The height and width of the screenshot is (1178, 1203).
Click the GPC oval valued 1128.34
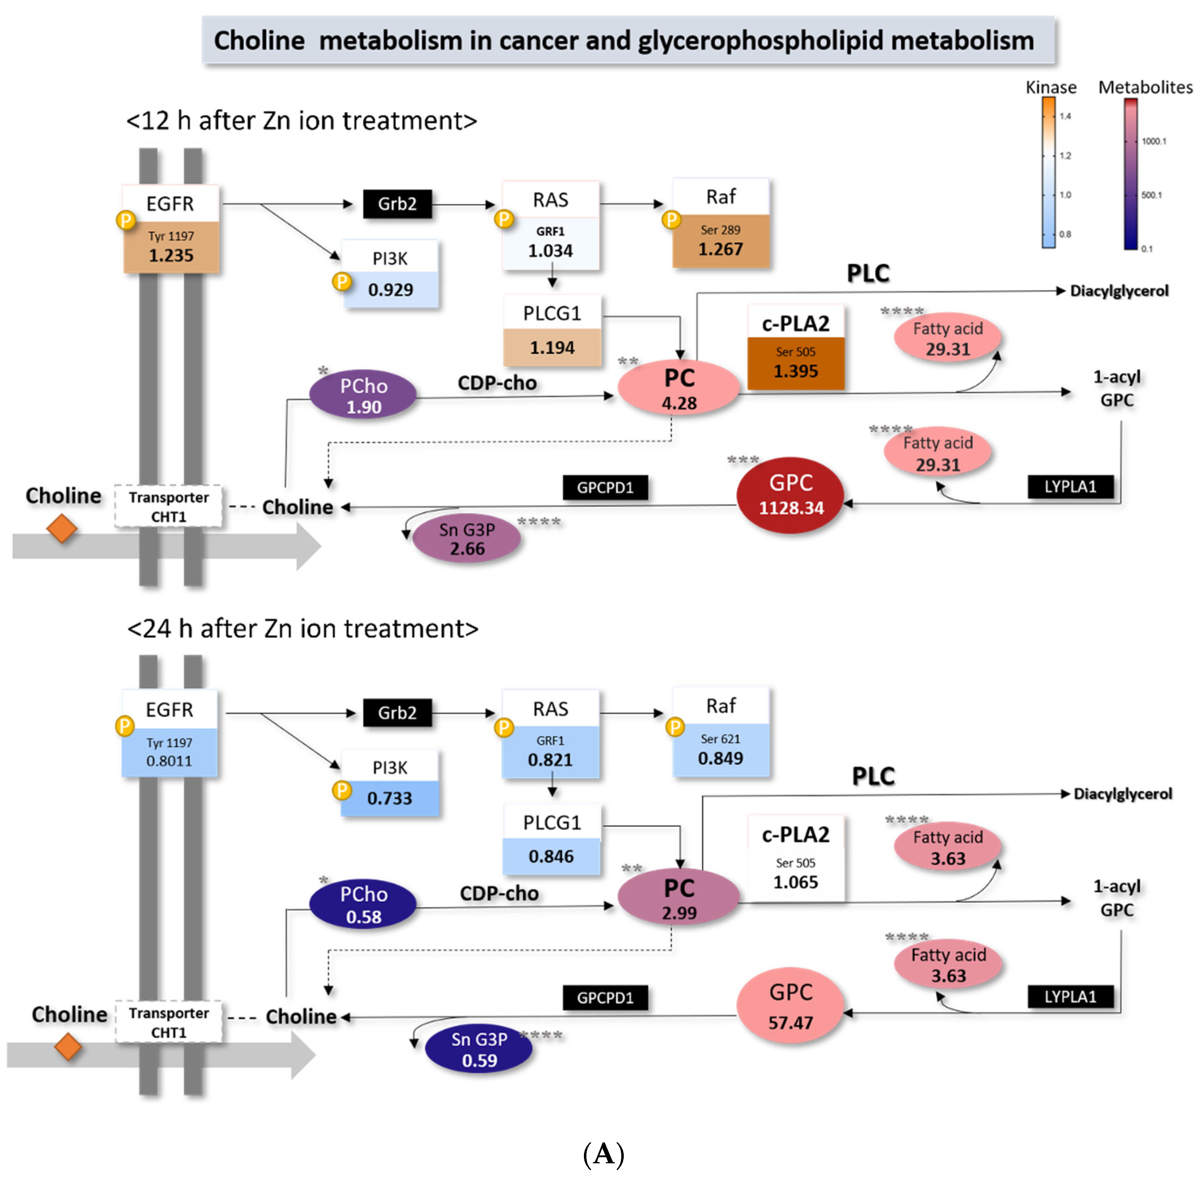click(x=790, y=495)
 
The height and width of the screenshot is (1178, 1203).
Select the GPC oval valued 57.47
click(x=790, y=1006)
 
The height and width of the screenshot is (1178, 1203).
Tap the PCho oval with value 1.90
click(x=363, y=395)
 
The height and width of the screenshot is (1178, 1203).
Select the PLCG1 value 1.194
click(x=552, y=348)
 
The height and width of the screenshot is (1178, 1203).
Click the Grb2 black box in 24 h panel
click(x=397, y=713)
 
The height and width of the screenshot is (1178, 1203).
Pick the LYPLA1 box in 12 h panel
click(x=1069, y=487)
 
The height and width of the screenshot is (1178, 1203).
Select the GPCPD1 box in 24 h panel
click(x=605, y=997)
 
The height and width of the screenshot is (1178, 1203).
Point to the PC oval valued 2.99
click(x=679, y=897)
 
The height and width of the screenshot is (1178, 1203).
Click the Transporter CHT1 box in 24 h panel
click(x=168, y=1022)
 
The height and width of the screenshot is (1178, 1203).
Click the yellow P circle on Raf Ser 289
click(x=671, y=220)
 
